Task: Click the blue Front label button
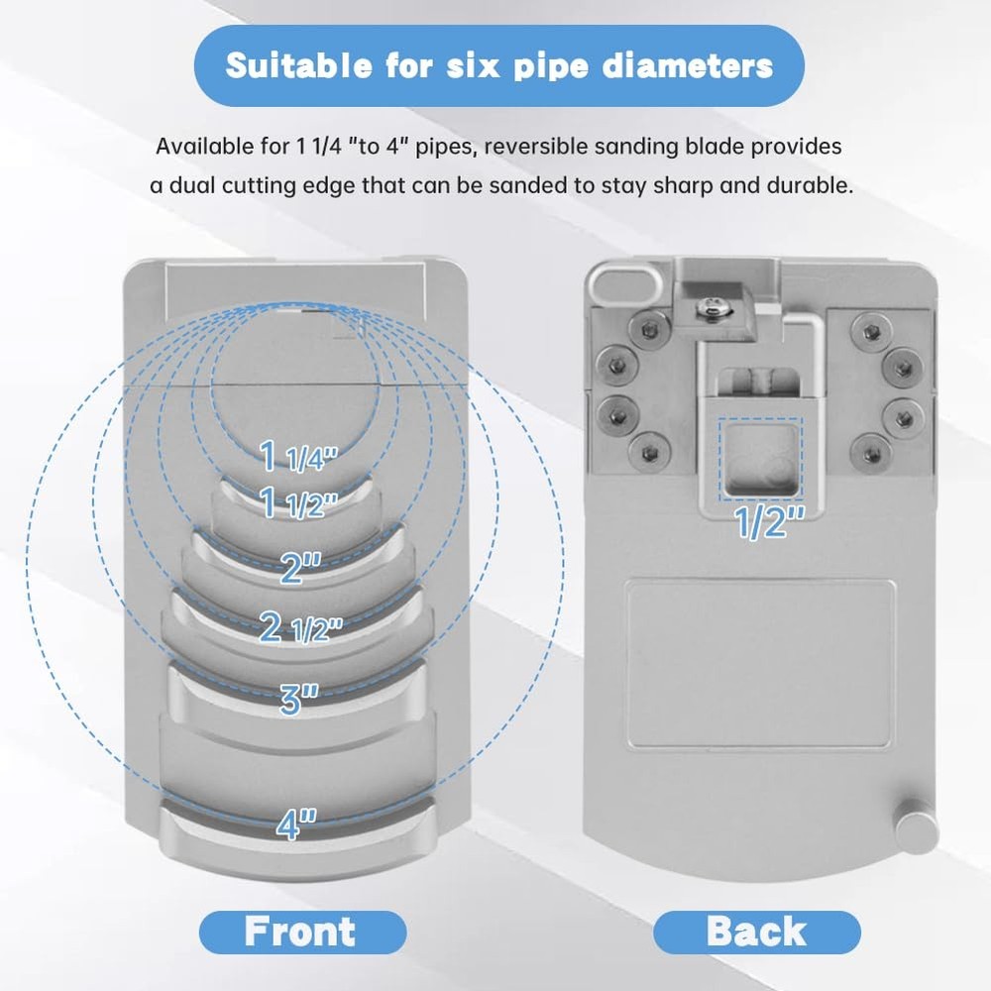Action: coord(302,932)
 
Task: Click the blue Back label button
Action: coord(756,932)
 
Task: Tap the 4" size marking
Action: coord(296,824)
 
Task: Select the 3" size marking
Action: coord(299,699)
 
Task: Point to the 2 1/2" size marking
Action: coord(301,627)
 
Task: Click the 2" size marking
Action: coord(301,567)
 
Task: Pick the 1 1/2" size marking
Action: coord(299,502)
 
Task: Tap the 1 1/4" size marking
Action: coord(299,456)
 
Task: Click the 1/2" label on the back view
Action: coord(770,522)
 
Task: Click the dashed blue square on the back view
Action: coord(760,458)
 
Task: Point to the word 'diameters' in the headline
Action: coord(688,65)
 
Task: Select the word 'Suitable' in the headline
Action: coord(299,65)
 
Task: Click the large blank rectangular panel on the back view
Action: coord(761,665)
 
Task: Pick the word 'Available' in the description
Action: coord(203,147)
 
